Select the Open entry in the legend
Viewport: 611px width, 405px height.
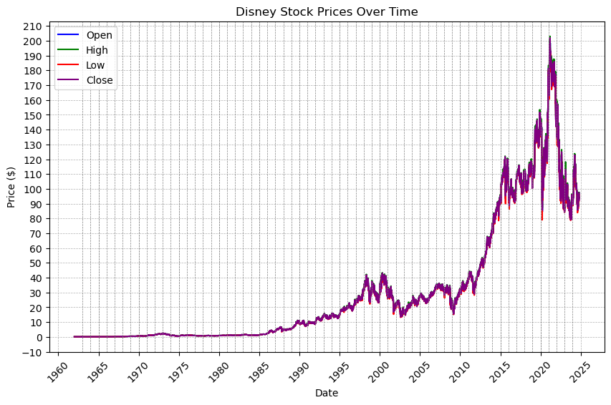coord(99,34)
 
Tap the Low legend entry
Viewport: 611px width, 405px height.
coord(95,65)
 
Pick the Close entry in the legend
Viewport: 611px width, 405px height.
coord(100,80)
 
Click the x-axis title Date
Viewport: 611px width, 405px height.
coord(326,393)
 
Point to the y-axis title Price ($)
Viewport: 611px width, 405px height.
coord(11,187)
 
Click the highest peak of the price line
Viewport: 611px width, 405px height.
coord(549,36)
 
